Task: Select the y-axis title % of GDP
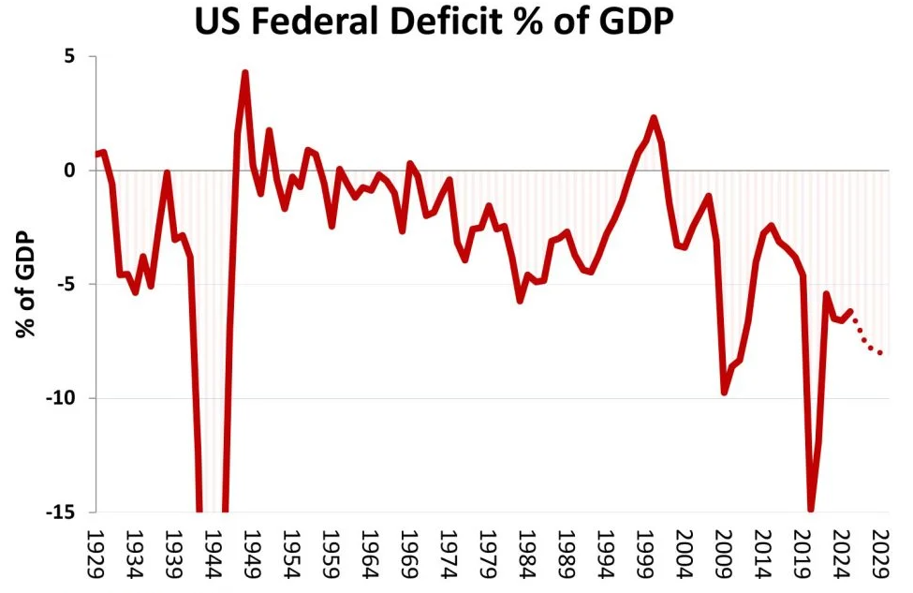coord(26,284)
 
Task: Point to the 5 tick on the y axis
coord(68,56)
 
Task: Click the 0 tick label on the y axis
coord(68,170)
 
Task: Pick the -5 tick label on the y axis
coord(63,285)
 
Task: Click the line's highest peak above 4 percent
coord(244,72)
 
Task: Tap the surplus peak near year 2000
coord(654,118)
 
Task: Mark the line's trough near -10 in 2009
coord(724,393)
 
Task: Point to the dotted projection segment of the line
coord(867,339)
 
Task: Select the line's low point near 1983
coord(521,300)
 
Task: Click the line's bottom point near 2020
coord(811,510)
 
